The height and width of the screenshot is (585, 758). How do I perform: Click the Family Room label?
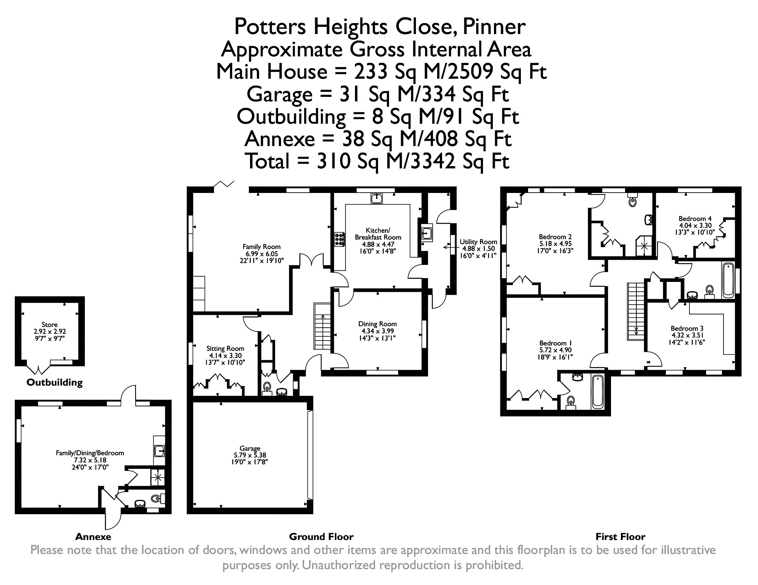(261, 247)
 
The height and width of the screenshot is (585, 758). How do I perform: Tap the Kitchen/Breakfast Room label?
(378, 234)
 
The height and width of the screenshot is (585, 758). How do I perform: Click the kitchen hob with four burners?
(339, 240)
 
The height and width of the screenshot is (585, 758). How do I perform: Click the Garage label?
(250, 449)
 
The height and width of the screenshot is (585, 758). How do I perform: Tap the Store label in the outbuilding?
(50, 325)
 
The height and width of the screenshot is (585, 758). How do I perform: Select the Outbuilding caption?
(55, 383)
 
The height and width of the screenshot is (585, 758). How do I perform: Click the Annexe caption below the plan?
(93, 537)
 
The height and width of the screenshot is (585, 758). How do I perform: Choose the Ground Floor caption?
(321, 537)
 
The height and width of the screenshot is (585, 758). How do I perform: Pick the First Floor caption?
(620, 537)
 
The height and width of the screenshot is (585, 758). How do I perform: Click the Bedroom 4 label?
(695, 219)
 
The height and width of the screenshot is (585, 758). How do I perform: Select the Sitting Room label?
(225, 349)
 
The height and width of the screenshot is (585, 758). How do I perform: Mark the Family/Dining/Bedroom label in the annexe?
(90, 453)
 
